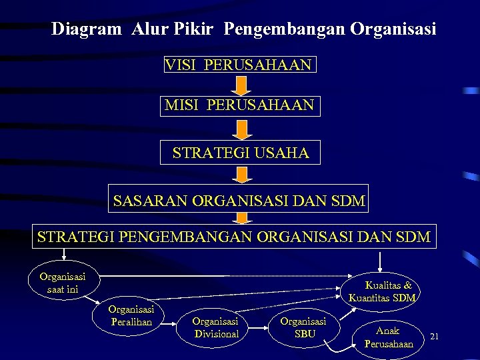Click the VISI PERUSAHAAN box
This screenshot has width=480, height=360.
pos(239,65)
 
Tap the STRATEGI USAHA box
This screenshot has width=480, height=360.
pos(240,153)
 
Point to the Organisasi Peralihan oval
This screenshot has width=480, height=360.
pos(131,315)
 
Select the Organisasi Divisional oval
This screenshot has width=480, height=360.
pos(216,327)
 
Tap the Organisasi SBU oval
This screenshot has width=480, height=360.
pos(304,327)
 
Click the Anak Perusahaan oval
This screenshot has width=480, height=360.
pos(389,337)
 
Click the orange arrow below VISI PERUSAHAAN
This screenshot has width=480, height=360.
pos(241,85)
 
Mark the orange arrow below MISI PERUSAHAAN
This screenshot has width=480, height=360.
pos(241,129)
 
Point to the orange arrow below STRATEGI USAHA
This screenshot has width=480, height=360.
pos(241,174)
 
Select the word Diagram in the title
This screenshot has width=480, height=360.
pos(87,29)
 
